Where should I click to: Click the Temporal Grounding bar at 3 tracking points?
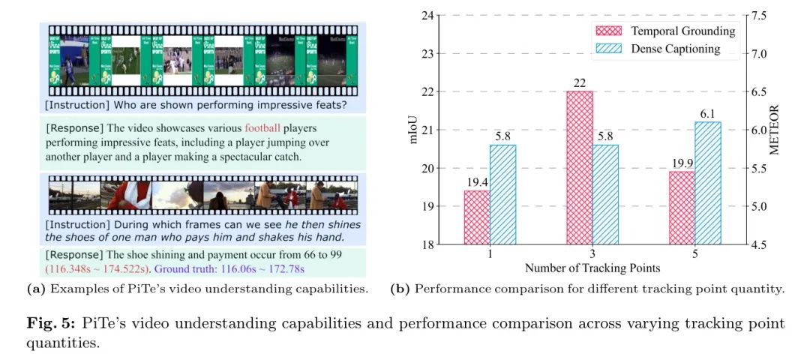579,167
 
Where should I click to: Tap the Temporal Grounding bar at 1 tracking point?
478,217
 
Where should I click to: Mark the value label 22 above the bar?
579,82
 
